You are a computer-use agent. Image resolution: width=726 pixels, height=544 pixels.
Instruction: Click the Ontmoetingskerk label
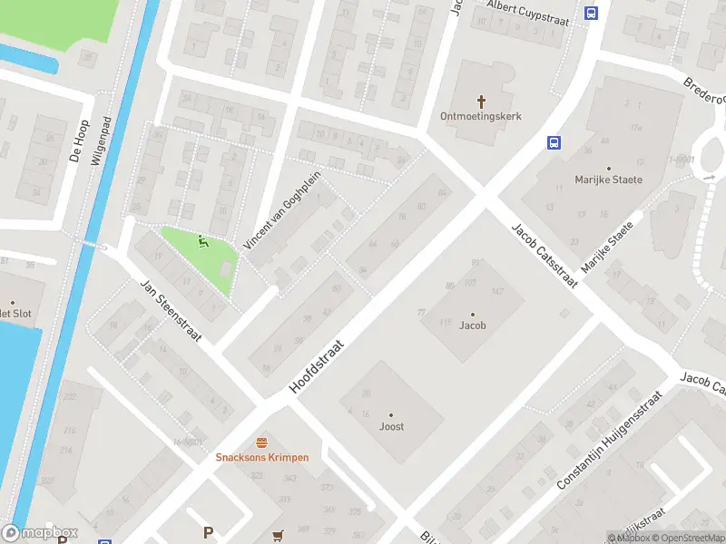[478, 116]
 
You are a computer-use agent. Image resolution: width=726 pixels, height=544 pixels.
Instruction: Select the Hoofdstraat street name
[318, 366]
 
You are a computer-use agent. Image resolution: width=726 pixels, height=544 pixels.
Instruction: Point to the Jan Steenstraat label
[170, 312]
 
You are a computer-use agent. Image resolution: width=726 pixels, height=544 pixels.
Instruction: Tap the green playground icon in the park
[202, 241]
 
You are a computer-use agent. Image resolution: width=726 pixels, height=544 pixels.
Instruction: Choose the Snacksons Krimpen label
[261, 457]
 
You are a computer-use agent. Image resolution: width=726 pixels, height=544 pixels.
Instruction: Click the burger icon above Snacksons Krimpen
[261, 442]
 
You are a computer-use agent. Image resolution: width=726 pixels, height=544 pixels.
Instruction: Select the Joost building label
[391, 426]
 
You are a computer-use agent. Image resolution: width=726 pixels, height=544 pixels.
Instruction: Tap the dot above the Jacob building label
[472, 314]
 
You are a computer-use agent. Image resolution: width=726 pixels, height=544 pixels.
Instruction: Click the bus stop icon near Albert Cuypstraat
[592, 14]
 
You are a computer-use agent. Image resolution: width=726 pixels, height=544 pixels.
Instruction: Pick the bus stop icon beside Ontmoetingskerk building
[552, 142]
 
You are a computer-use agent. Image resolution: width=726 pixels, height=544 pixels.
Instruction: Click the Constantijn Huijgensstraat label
[613, 436]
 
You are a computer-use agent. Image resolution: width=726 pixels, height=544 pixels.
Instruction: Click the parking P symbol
[208, 532]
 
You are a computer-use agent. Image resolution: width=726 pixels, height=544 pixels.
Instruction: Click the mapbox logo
[40, 532]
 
